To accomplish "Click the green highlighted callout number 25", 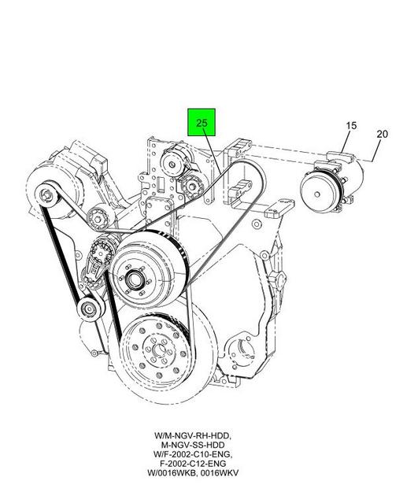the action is (x=201, y=123).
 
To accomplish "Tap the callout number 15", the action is (x=351, y=125).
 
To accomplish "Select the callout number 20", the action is (x=383, y=134).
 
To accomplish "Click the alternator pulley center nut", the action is (x=47, y=194).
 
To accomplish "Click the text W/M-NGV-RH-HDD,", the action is (x=193, y=435).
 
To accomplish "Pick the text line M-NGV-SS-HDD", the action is (x=193, y=445).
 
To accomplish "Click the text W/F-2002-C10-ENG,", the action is (x=193, y=454).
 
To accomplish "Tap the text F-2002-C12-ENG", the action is (x=193, y=464).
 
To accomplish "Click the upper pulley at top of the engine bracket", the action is (x=172, y=164).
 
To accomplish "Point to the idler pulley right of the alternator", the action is (x=97, y=219).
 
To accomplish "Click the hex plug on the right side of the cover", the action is (x=277, y=279).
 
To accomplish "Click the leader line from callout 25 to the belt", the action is (x=212, y=149).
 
